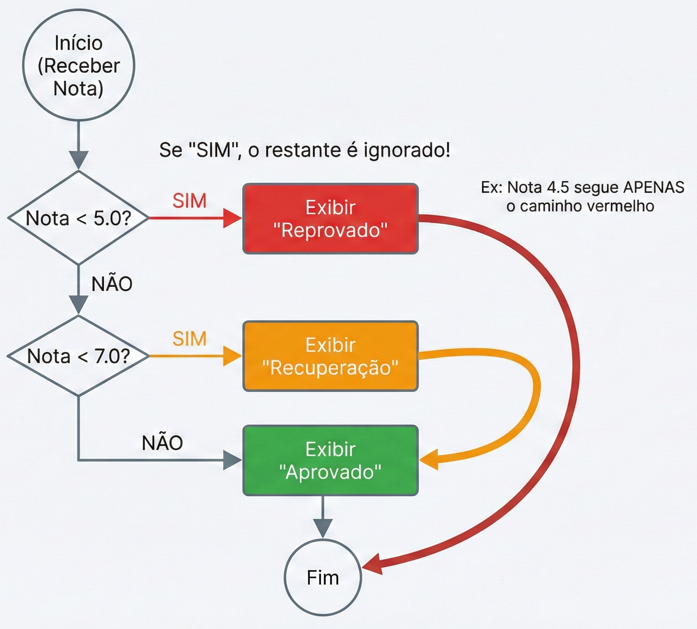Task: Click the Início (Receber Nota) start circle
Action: [x=79, y=65]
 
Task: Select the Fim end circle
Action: [x=323, y=577]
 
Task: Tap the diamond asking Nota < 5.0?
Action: [x=79, y=218]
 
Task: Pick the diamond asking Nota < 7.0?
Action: [x=79, y=356]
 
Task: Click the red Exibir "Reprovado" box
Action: [x=330, y=219]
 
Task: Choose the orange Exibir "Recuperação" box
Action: [x=330, y=356]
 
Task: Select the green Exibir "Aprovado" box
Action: [x=330, y=460]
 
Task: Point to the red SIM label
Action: [x=189, y=201]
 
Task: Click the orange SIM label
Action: [x=189, y=339]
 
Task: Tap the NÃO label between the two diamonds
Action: [x=112, y=284]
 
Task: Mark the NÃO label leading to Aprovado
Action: [x=162, y=443]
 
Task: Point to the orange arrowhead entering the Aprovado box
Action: [x=429, y=460]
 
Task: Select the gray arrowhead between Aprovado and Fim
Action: [x=323, y=529]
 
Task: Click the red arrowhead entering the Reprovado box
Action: [x=232, y=218]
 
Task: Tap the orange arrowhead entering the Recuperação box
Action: [x=232, y=356]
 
